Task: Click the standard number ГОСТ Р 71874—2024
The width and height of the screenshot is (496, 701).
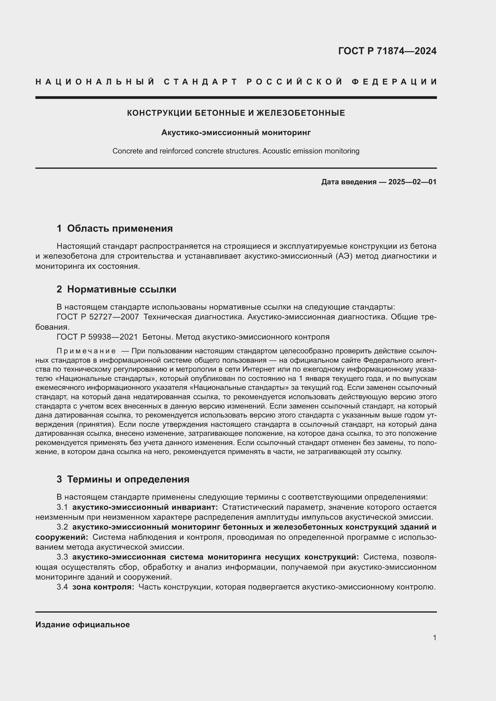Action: pyautogui.click(x=387, y=51)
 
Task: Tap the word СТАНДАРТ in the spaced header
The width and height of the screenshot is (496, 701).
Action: pyautogui.click(x=200, y=82)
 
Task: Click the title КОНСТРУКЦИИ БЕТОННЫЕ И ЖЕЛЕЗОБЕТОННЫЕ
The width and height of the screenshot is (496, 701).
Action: pyautogui.click(x=236, y=113)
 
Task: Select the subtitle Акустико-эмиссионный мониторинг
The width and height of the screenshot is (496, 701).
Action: pyautogui.click(x=236, y=132)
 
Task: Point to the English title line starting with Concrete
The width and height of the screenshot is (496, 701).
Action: pyautogui.click(x=236, y=151)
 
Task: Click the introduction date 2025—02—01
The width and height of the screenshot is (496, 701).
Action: pyautogui.click(x=412, y=182)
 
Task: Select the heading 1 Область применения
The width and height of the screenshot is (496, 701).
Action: pyautogui.click(x=115, y=228)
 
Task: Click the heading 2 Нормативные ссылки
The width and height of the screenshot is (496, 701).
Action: pyautogui.click(x=116, y=289)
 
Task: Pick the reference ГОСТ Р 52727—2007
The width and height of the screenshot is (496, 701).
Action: pyautogui.click(x=98, y=317)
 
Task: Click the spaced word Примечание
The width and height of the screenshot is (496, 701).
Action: pyautogui.click(x=86, y=351)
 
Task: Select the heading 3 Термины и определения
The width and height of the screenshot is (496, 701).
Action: pyautogui.click(x=123, y=479)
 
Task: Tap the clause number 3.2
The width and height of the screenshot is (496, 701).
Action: pyautogui.click(x=62, y=527)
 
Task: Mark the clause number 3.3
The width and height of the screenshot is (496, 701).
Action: pyautogui.click(x=62, y=557)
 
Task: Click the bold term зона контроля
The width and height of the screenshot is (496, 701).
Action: pyautogui.click(x=103, y=587)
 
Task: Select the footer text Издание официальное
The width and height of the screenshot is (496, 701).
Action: pyautogui.click(x=82, y=625)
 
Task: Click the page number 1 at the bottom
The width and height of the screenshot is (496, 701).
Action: pyautogui.click(x=434, y=637)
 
